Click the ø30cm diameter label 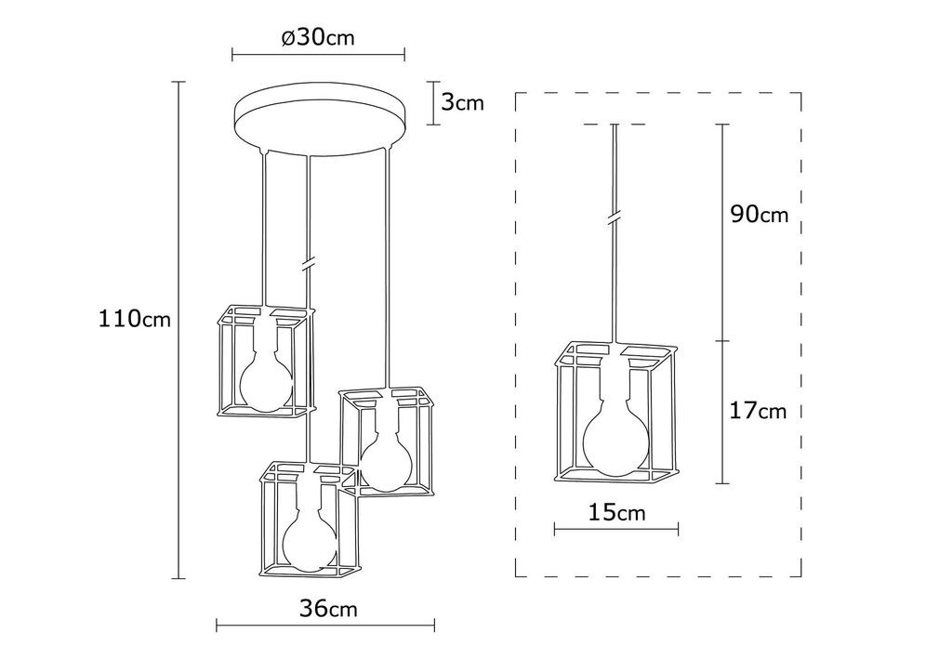click(x=318, y=37)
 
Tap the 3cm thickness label click(x=463, y=102)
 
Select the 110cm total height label click(x=135, y=319)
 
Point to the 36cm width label click(x=328, y=608)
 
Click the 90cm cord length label click(x=759, y=214)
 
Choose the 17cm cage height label click(x=758, y=411)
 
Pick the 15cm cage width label click(x=616, y=513)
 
